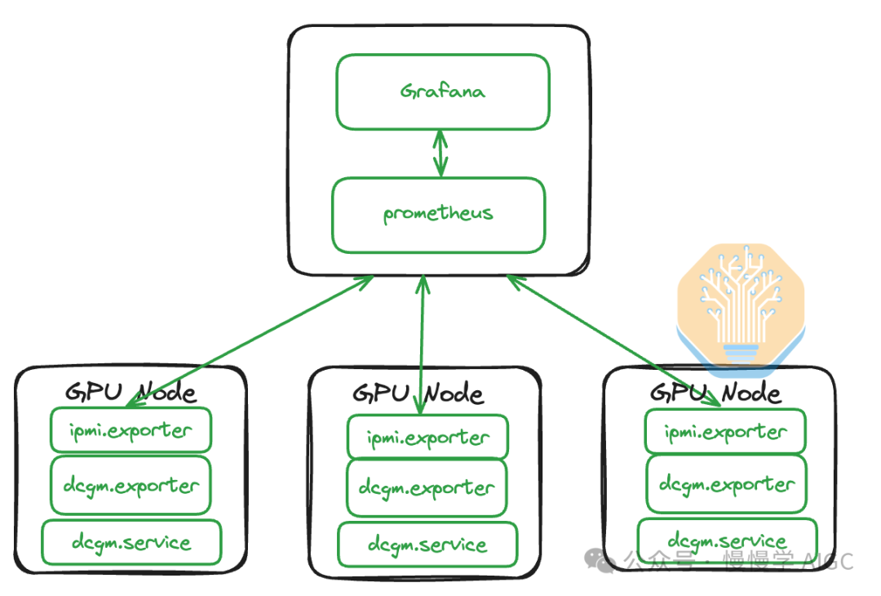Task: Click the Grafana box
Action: click(x=442, y=91)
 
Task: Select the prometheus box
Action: click(x=438, y=215)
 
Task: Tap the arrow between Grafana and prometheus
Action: click(x=440, y=153)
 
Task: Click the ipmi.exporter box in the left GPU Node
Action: click(x=131, y=429)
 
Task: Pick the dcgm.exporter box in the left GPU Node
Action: click(x=131, y=485)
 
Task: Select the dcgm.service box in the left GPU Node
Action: click(x=131, y=542)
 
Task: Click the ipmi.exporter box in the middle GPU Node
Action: click(x=427, y=437)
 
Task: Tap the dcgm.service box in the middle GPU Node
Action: click(x=427, y=545)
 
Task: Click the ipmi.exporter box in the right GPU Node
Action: click(x=725, y=432)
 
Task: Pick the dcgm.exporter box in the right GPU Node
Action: click(x=726, y=484)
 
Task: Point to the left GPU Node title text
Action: click(x=131, y=391)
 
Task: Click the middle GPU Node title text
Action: click(x=418, y=393)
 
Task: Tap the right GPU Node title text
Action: click(x=715, y=392)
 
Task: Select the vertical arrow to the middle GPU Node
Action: click(x=422, y=343)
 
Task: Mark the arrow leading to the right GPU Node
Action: click(x=612, y=338)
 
